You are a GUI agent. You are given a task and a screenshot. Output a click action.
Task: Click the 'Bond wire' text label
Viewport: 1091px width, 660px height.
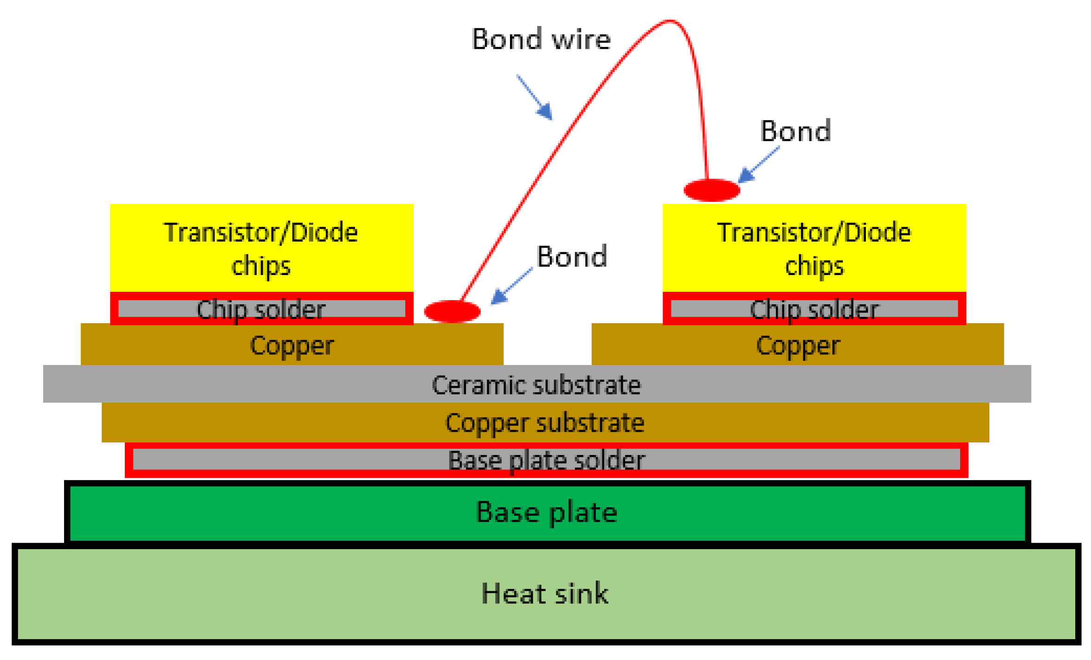coord(541,39)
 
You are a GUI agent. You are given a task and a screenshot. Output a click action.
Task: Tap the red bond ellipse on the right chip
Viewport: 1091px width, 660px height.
coord(711,190)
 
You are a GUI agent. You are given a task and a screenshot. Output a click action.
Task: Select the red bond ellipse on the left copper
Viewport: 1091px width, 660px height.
coord(452,311)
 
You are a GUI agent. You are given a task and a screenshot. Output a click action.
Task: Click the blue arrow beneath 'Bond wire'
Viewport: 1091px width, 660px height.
coord(536,98)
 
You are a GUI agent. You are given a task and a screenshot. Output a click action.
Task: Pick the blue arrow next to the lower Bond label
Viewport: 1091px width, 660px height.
coord(511,286)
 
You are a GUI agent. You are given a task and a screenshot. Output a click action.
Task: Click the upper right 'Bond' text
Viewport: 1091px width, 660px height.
coord(795,131)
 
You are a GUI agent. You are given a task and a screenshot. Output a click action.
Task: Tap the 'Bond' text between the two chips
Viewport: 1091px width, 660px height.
coord(572,256)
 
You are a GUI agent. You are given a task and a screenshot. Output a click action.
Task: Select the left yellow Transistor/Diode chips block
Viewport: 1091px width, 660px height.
coord(261,248)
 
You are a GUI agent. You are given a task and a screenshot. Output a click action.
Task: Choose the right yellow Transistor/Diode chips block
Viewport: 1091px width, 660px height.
coord(814,248)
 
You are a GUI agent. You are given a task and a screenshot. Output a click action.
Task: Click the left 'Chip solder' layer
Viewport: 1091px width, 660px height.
coord(261,309)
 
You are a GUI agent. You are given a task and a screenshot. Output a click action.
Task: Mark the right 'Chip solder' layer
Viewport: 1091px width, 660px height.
coord(814,309)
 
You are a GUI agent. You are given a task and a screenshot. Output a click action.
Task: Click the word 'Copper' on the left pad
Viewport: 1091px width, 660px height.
coord(292,345)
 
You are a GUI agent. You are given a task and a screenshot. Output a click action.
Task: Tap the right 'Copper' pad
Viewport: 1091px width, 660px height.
coord(798,345)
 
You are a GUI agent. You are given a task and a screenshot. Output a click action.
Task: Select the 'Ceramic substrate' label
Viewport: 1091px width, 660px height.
coord(536,384)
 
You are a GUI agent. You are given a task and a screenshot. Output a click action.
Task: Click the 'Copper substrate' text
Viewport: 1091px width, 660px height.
coord(545,423)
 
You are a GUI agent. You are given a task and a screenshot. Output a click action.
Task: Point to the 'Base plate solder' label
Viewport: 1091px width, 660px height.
coord(546,460)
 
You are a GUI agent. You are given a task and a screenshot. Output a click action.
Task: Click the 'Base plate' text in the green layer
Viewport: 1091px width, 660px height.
coord(547,512)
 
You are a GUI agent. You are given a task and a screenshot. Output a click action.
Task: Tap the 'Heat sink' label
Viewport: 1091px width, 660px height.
coord(545,593)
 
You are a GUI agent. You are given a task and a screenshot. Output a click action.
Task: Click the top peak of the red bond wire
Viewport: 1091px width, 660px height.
coord(670,21)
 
